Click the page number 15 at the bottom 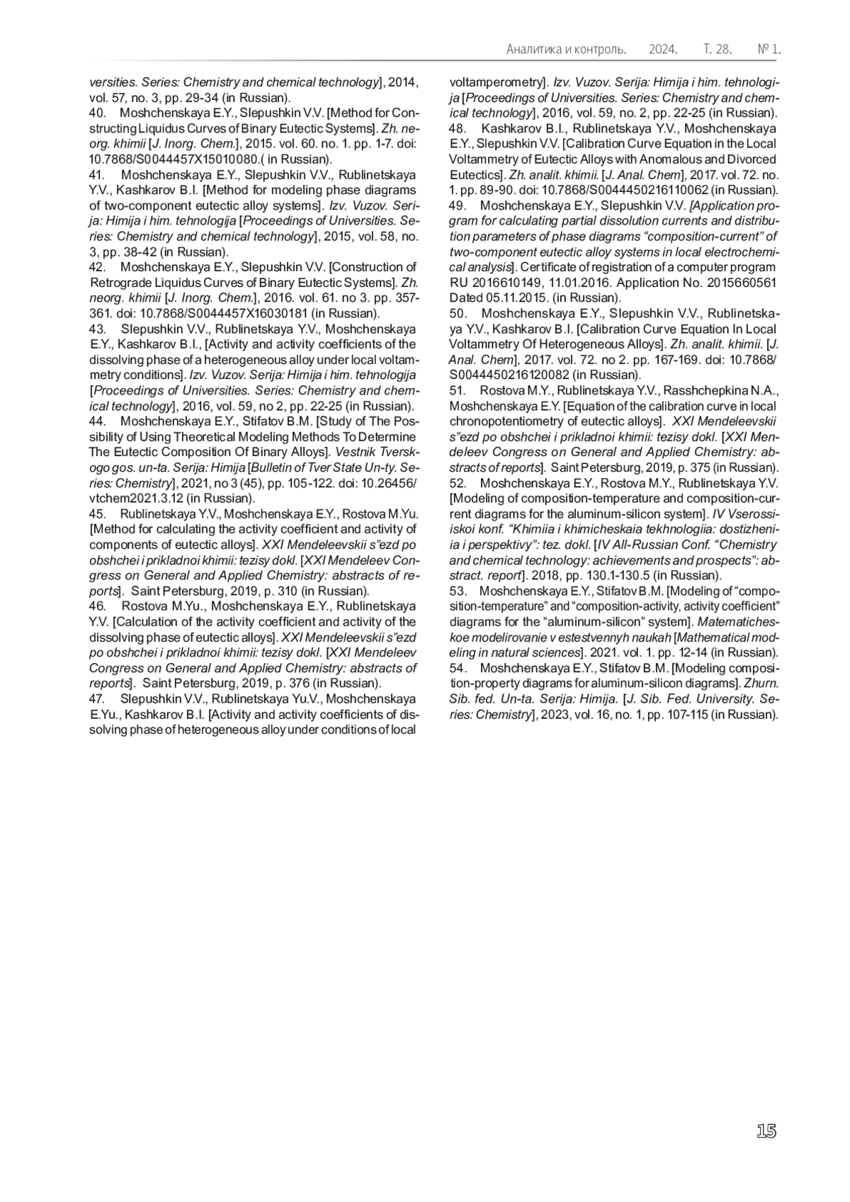tap(766, 1131)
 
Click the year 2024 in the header tap(663, 50)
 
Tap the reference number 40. tap(97, 113)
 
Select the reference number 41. tap(97, 175)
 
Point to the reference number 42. tap(97, 267)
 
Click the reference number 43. tap(97, 329)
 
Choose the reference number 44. tap(97, 421)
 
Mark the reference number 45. tap(97, 514)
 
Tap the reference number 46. tap(97, 606)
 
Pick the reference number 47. tap(97, 698)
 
